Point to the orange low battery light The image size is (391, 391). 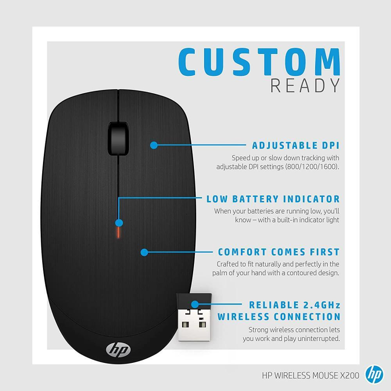(x=118, y=233)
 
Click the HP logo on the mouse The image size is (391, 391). (x=113, y=348)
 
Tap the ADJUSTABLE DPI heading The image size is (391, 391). (x=296, y=146)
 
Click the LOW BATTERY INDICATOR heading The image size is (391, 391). (x=273, y=199)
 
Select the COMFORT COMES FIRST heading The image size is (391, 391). (x=279, y=252)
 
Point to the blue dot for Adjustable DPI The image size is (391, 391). (x=154, y=145)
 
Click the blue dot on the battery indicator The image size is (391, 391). (x=119, y=223)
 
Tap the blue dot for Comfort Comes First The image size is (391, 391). (x=144, y=252)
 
